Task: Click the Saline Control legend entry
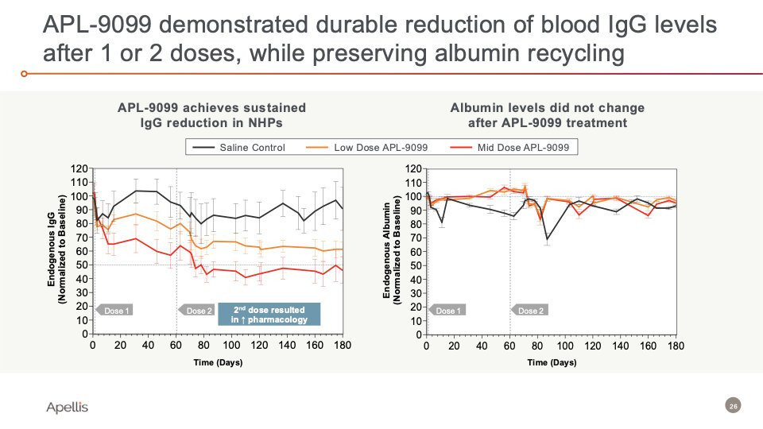(250, 148)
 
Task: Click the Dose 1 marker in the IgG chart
(114, 311)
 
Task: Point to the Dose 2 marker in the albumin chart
(529, 311)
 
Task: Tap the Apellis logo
(68, 407)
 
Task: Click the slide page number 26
(733, 407)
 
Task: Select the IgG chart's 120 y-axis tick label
(78, 168)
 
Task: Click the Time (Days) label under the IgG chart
(218, 362)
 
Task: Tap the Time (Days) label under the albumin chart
(551, 362)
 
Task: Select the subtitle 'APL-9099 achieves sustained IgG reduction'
(211, 115)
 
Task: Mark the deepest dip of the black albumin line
(548, 239)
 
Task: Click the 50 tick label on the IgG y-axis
(80, 265)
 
